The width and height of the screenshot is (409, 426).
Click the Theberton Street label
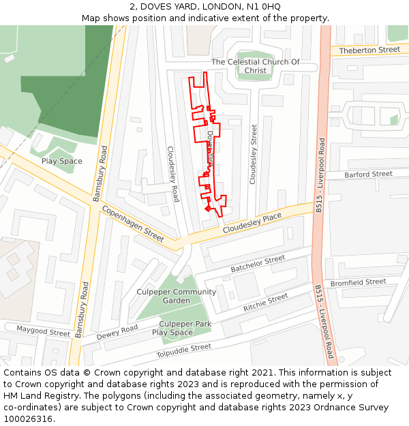pos(369,50)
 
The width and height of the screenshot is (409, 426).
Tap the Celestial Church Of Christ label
pos(255,66)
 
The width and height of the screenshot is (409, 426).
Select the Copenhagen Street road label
pos(133,224)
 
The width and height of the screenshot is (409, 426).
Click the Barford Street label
pos(368,174)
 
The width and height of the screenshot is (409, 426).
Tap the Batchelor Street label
pos(258,264)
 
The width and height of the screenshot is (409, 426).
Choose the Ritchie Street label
pos(266,303)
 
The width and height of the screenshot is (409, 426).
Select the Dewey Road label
pos(117,332)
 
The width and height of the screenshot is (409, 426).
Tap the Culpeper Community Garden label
pos(177,296)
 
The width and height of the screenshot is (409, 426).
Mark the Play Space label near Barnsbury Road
pos(61,162)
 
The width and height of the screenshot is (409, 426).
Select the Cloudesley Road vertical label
pos(173,174)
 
